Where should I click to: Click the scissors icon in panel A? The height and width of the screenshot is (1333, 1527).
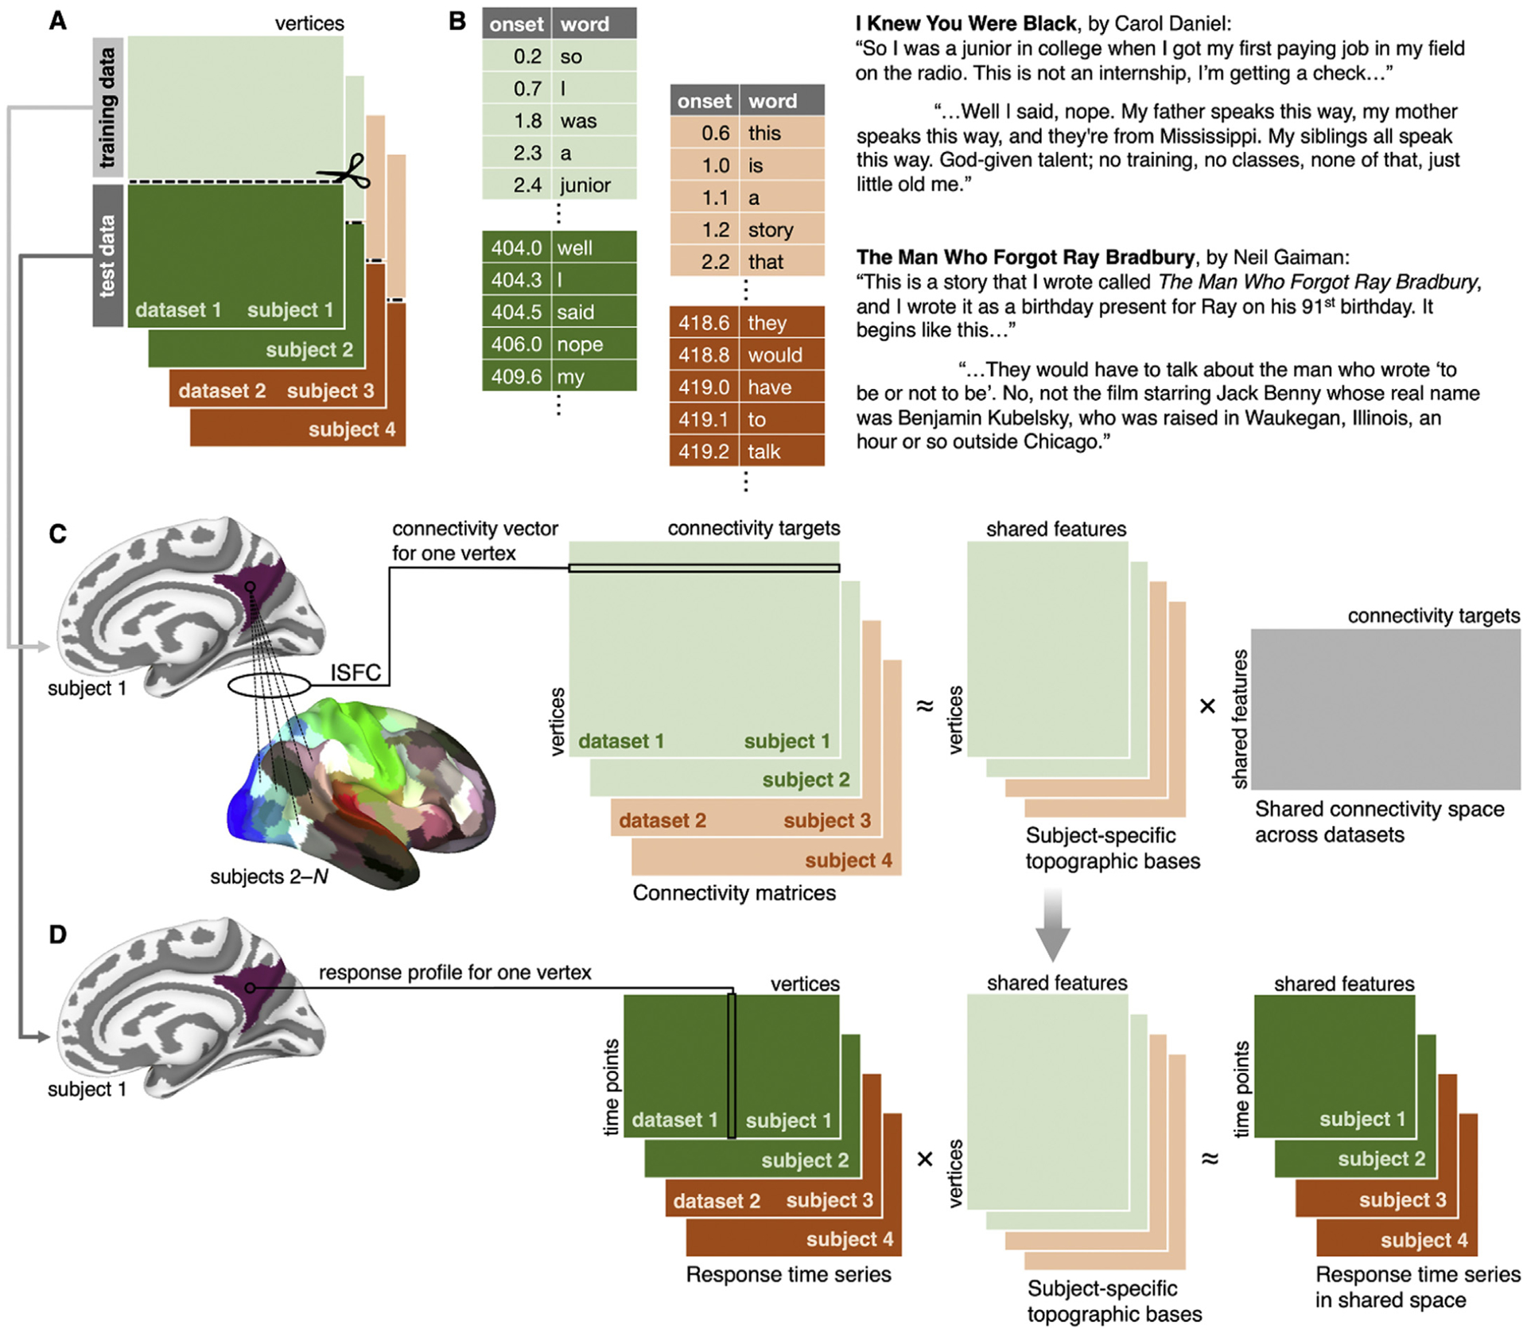click(347, 171)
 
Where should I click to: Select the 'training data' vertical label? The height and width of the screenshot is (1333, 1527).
click(107, 107)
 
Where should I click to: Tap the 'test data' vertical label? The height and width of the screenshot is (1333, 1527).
click(107, 255)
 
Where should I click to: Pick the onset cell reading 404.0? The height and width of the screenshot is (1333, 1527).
click(516, 248)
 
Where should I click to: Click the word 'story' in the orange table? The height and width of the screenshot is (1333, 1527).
click(770, 230)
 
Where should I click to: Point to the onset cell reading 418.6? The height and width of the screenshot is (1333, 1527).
click(704, 323)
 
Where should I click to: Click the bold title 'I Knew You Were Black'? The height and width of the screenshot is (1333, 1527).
click(966, 24)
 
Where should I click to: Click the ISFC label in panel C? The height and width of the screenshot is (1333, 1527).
click(356, 673)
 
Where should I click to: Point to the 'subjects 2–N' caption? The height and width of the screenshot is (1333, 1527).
click(269, 876)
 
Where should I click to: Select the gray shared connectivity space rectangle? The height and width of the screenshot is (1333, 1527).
click(1385, 709)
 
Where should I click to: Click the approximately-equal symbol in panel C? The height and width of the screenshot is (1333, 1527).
click(924, 705)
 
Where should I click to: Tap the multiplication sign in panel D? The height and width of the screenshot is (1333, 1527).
click(924, 1159)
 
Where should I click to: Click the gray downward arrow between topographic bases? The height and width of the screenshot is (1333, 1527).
click(1053, 925)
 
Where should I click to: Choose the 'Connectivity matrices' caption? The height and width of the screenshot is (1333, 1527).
click(734, 893)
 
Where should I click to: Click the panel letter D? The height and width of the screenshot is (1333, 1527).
click(58, 935)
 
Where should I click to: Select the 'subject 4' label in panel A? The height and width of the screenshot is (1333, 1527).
click(352, 430)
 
